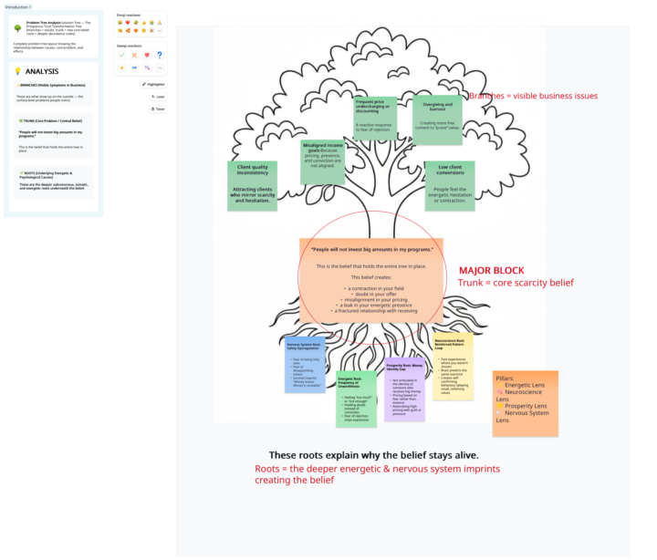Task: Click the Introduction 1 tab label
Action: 17,6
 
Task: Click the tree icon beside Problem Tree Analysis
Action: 18,28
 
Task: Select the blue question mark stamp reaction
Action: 160,54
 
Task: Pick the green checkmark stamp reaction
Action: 121,54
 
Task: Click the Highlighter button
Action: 153,84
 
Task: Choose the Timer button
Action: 157,109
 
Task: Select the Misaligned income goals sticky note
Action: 324,156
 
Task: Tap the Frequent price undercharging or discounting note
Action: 375,118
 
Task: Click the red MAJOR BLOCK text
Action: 493,271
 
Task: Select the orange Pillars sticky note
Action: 525,401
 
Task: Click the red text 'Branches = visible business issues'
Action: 532,96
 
